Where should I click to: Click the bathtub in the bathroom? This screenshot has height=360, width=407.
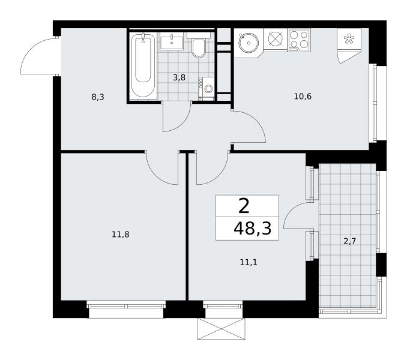(x=143, y=65)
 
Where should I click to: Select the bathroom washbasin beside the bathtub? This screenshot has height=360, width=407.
(x=172, y=41)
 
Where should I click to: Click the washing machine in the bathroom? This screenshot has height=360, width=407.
(x=207, y=88)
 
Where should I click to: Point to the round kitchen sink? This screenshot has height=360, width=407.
(x=249, y=42)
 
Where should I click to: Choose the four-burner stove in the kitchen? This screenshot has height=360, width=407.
(x=299, y=40)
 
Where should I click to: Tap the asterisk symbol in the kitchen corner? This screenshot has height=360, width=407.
(x=349, y=38)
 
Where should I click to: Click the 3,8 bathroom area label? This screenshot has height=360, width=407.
(x=179, y=77)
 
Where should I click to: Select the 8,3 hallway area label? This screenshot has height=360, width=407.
(x=98, y=97)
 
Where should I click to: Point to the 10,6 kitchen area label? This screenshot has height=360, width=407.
(x=303, y=97)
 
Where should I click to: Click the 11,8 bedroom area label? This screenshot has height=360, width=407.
(x=121, y=235)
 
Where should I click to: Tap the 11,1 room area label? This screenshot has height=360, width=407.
(x=249, y=262)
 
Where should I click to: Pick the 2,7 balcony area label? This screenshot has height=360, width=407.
(x=349, y=241)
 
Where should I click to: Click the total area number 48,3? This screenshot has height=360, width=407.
(x=253, y=229)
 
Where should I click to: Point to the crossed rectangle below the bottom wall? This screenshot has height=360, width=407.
(x=221, y=329)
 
